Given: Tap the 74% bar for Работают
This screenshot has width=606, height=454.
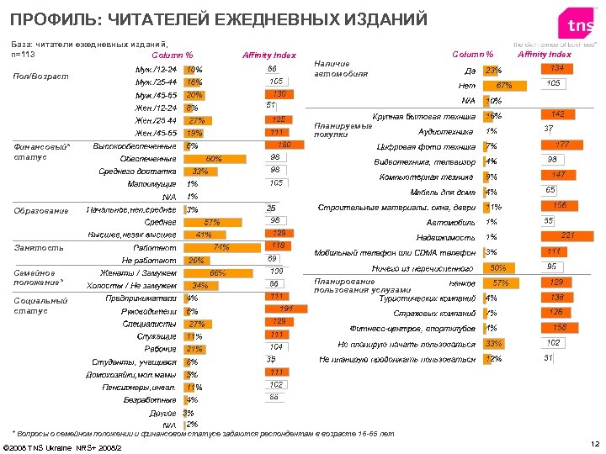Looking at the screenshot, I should tap(210, 248).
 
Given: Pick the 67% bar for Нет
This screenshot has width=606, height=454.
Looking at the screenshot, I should tap(504, 86).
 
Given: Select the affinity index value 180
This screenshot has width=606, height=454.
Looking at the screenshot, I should tap(284, 145).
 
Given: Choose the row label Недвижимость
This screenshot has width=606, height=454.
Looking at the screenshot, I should tap(447, 237).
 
